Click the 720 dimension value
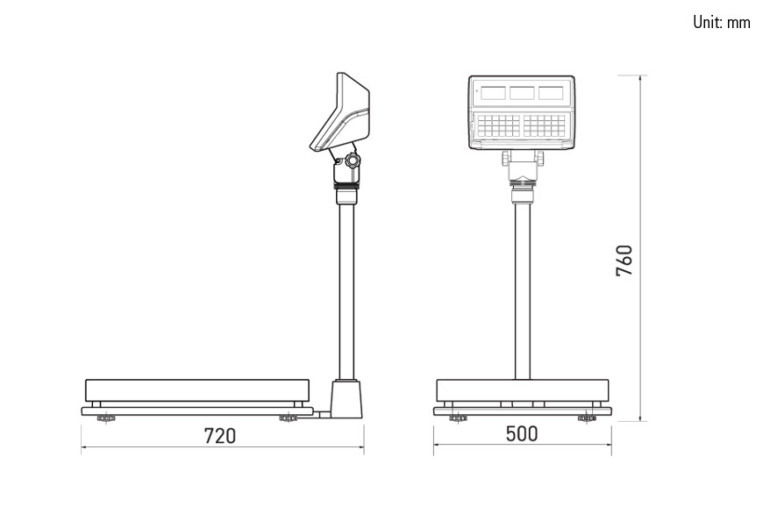click(220, 436)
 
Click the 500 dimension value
click(522, 433)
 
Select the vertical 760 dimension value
click(624, 261)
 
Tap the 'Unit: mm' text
click(722, 22)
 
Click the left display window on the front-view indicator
click(493, 92)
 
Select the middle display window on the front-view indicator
click(522, 92)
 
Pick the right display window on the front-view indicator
click(551, 92)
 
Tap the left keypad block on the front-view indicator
click(498, 125)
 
